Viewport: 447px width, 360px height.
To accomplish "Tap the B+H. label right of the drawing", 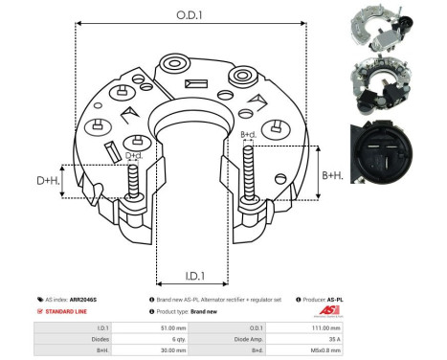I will tap(333, 175).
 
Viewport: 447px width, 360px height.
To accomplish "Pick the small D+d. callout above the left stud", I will tap(135, 156).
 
